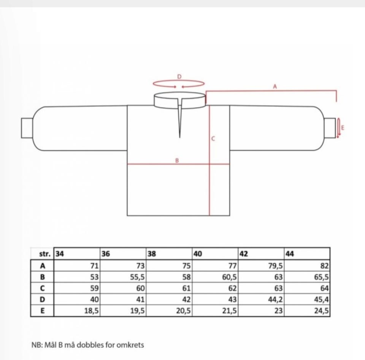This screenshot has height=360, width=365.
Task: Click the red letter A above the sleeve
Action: coord(275,87)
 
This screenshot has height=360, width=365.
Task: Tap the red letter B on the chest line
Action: coord(177,160)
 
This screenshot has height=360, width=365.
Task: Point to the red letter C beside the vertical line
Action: coord(213,139)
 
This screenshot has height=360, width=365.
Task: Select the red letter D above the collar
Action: coord(179,76)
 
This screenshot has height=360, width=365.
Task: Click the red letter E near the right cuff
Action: coord(343,128)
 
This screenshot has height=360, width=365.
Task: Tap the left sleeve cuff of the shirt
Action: coord(27,128)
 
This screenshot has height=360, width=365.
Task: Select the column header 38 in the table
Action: coord(152,254)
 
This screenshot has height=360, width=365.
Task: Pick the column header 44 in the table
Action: coord(290,254)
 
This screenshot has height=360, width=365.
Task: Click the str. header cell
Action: coord(45,254)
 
